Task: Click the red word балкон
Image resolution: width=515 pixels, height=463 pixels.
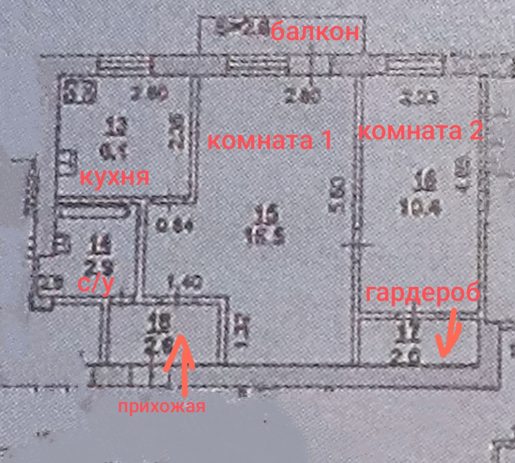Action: click(315, 33)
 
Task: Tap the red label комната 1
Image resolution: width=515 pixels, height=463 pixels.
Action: click(270, 141)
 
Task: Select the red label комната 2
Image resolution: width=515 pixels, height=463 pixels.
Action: click(420, 132)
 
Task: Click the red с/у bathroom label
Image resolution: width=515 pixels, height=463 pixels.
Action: click(95, 285)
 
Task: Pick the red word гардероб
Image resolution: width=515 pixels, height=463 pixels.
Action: click(423, 293)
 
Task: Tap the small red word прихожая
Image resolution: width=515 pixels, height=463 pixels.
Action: click(162, 406)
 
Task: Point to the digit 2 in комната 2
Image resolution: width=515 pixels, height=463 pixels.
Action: click(475, 132)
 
